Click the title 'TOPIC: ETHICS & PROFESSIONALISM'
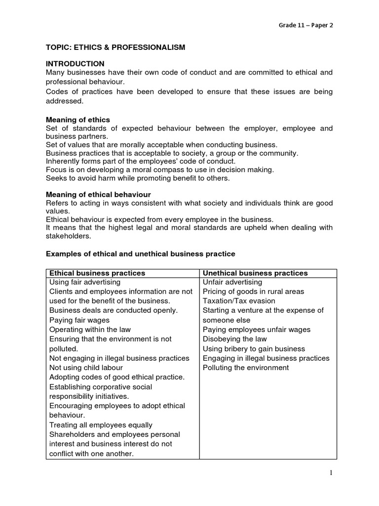[x=115, y=47]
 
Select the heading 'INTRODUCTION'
[x=75, y=64]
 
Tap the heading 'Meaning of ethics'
[x=78, y=120]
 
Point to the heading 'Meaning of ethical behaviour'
[x=98, y=195]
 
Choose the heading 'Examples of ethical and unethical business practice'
[x=141, y=253]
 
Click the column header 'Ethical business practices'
[x=97, y=273]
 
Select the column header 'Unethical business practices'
[x=255, y=273]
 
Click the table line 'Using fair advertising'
[x=85, y=282]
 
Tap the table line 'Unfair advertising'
[x=232, y=282]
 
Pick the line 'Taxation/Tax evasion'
[x=239, y=301]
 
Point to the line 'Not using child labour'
[x=86, y=368]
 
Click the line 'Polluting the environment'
[x=246, y=368]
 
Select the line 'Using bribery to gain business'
[x=254, y=349]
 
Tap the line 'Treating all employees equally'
[x=101, y=425]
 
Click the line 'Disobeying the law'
[x=235, y=339]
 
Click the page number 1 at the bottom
[x=331, y=473]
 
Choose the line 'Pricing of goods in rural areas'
[x=254, y=292]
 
